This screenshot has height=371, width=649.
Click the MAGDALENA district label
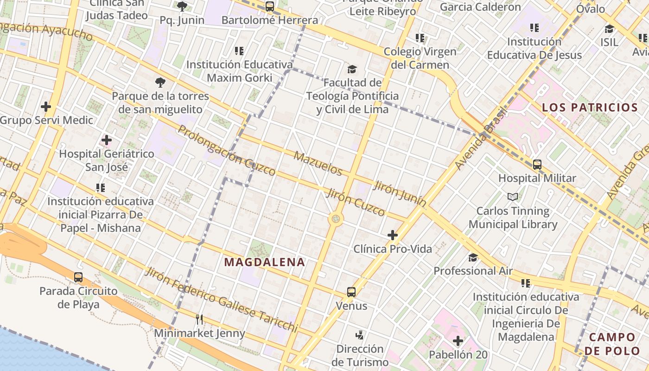[265, 262]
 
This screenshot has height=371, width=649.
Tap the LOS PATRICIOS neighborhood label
[590, 108]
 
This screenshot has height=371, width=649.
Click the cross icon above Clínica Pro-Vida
[393, 235]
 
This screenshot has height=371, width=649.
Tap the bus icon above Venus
[351, 292]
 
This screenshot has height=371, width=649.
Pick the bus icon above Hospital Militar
[537, 165]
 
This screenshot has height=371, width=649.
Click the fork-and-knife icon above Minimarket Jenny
[199, 319]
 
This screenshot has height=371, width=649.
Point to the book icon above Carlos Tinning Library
[513, 197]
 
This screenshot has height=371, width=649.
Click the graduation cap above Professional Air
[473, 257]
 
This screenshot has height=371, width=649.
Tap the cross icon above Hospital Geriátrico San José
[107, 140]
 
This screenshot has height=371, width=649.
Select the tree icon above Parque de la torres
[160, 83]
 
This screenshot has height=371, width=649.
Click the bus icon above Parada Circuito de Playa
[78, 277]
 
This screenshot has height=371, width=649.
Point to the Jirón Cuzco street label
[356, 202]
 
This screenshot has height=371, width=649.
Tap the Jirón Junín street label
[400, 194]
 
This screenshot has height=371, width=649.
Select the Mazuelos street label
[318, 163]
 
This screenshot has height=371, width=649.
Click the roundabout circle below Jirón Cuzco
[336, 219]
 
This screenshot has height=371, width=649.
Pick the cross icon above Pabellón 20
[458, 341]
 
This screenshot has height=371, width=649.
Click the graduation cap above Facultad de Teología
[352, 70]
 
